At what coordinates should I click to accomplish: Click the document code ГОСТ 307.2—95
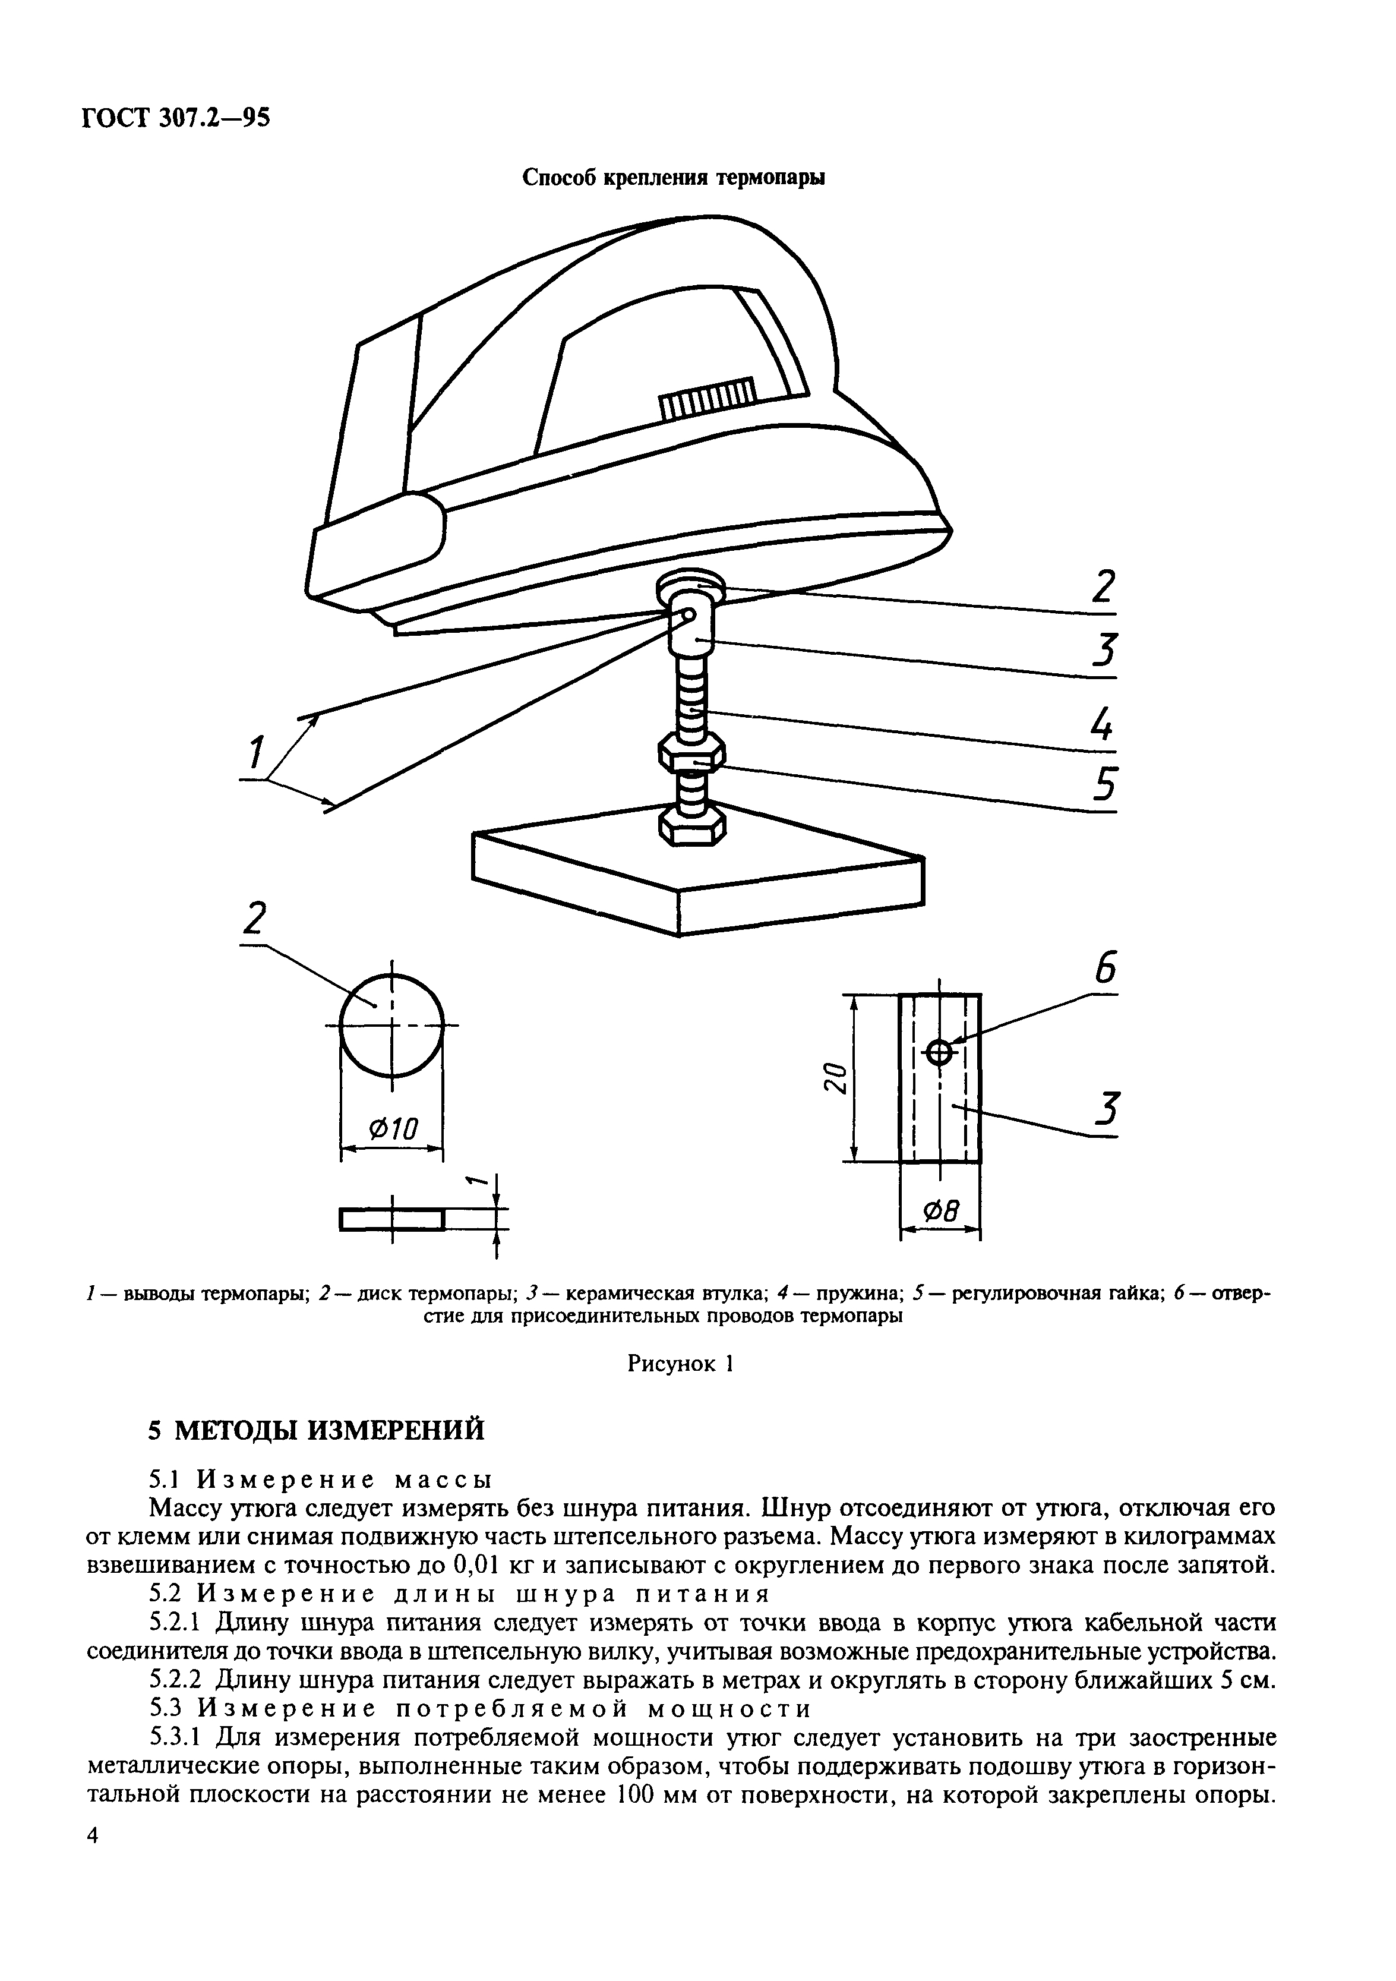[176, 116]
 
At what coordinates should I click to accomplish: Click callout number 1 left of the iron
[255, 753]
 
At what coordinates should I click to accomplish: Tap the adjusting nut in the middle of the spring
[691, 753]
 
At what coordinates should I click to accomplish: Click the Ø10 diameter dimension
[393, 1128]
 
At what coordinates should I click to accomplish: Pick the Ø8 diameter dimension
[940, 1212]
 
